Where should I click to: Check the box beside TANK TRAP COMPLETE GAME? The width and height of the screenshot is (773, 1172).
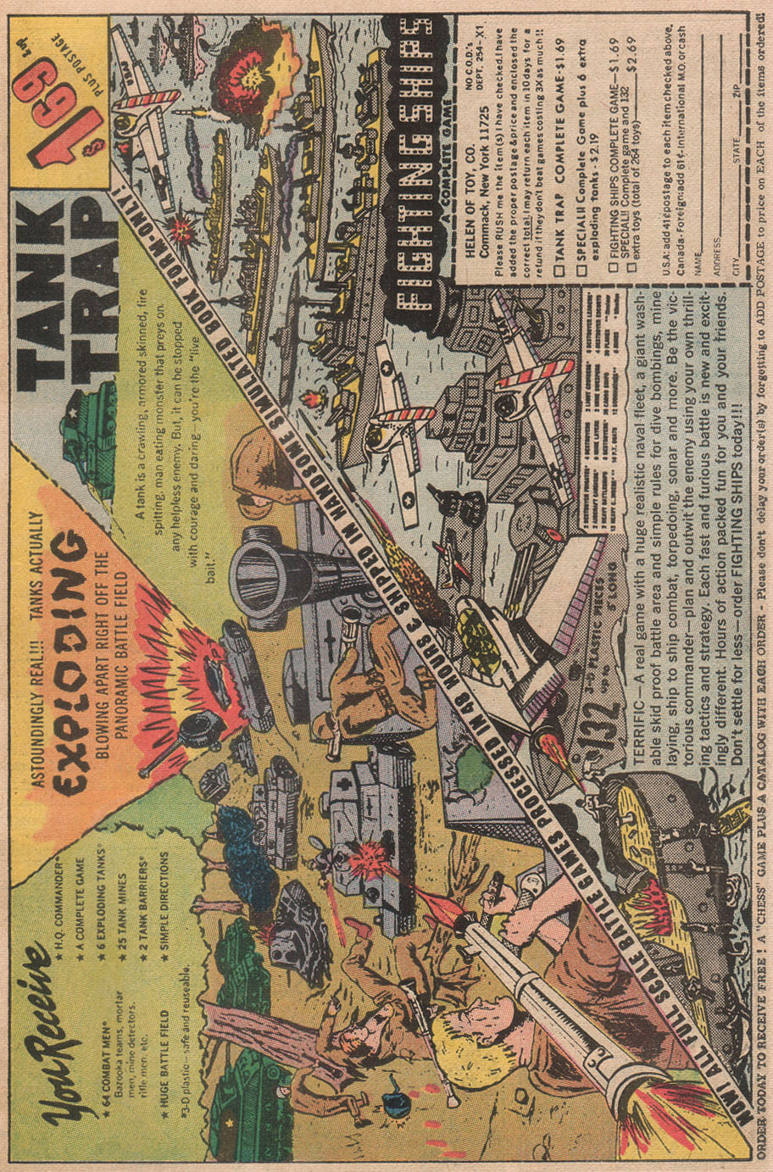click(559, 270)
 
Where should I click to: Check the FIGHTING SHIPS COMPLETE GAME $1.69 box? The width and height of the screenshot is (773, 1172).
click(611, 270)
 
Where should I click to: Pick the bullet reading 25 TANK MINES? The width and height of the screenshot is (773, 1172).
click(124, 919)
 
